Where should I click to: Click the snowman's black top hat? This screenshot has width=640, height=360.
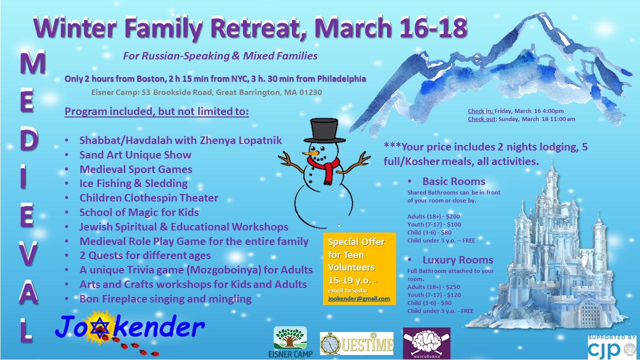(x=324, y=130)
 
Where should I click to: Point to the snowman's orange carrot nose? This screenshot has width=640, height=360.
(x=310, y=153)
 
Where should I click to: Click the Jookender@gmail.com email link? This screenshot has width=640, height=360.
(x=359, y=298)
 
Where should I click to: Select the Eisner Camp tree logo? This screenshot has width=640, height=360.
(x=290, y=342)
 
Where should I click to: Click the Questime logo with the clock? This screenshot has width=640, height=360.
(x=356, y=343)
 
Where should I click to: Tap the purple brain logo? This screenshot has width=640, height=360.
(x=426, y=343)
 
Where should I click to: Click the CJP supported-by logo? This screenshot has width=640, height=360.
(x=611, y=347)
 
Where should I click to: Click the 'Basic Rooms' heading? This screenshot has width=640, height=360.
(x=453, y=181)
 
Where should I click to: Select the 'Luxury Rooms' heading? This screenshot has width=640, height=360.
(x=457, y=259)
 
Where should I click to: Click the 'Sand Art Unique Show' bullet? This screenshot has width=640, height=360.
(x=135, y=154)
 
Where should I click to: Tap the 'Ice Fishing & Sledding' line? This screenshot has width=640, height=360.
(x=133, y=183)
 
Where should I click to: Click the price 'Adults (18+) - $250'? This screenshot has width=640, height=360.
(x=433, y=287)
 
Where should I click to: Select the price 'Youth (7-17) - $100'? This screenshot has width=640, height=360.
(x=434, y=224)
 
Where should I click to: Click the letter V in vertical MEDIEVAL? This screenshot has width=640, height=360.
(x=28, y=253)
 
